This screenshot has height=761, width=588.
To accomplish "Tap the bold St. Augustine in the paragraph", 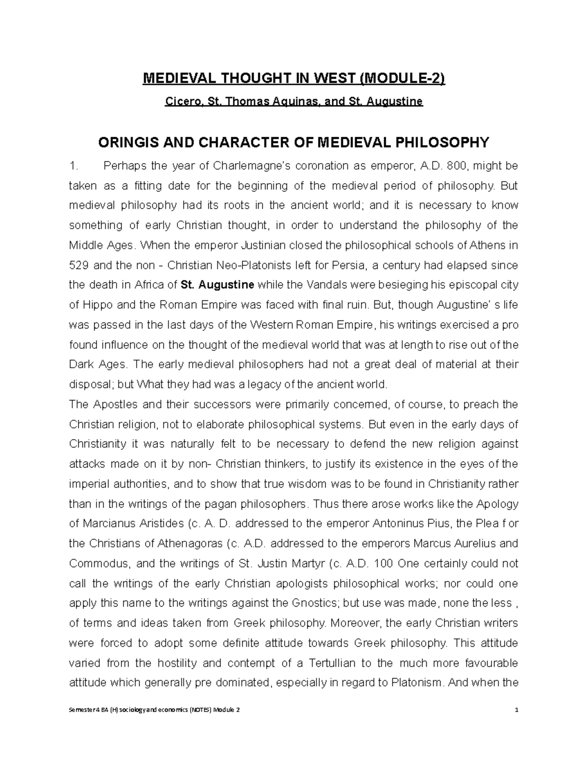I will (218, 285).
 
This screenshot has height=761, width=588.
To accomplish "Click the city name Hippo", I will (95, 305).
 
